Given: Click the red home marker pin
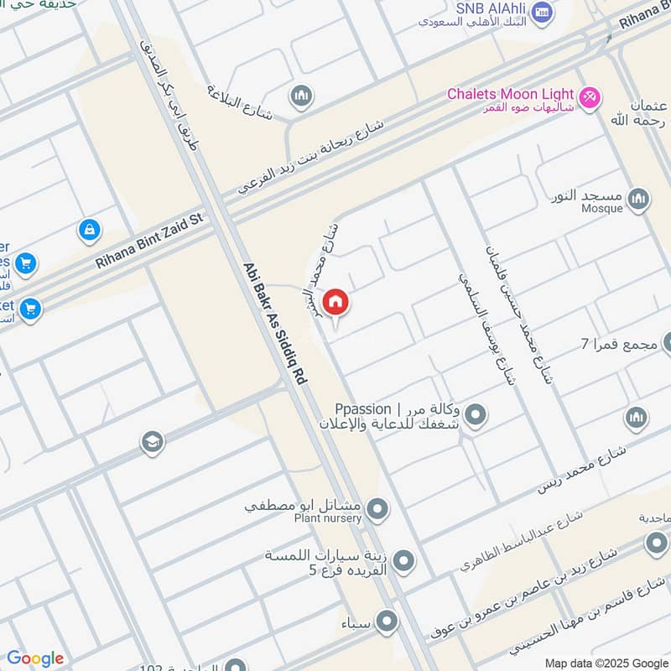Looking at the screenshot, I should (x=335, y=301).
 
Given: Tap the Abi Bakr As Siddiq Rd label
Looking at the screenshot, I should (x=274, y=335).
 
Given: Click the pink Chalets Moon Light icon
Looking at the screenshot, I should (x=590, y=97).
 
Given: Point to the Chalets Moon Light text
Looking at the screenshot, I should (x=510, y=94).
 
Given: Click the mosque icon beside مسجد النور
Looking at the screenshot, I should (x=639, y=199).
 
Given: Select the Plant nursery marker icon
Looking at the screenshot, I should (x=378, y=508).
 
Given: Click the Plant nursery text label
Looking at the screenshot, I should (x=328, y=518).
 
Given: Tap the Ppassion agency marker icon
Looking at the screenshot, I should (x=476, y=414).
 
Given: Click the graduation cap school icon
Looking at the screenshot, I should (x=152, y=442).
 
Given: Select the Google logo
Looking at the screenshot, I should (x=34, y=658).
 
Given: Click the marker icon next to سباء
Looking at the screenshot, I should (x=387, y=622).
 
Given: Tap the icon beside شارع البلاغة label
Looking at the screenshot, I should (x=301, y=97).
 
